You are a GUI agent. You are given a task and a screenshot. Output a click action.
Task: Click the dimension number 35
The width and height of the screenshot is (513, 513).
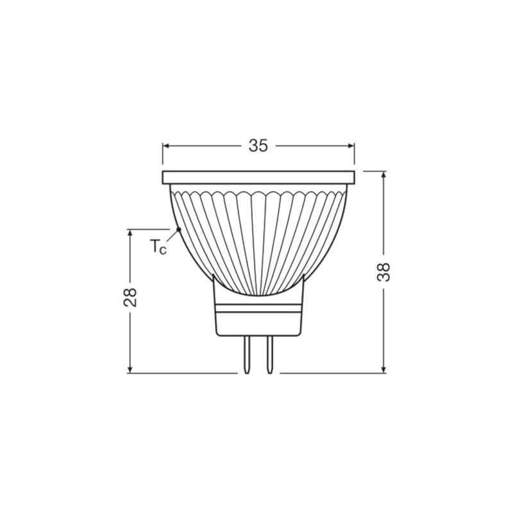click(x=258, y=146)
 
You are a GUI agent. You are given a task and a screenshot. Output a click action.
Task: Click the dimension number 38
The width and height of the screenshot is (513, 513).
click(x=383, y=273)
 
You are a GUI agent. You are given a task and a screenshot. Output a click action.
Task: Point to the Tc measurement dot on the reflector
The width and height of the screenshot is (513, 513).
click(x=178, y=229)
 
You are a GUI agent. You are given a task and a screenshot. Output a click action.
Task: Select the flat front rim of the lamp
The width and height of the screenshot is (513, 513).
click(x=258, y=177)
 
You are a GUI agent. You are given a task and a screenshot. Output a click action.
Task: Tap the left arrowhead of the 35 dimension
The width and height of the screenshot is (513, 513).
click(x=166, y=146)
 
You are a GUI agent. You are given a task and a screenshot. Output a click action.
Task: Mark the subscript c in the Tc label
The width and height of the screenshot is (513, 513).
click(x=163, y=250)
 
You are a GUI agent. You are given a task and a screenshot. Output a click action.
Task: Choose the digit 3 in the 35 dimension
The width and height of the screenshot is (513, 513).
click(x=253, y=146)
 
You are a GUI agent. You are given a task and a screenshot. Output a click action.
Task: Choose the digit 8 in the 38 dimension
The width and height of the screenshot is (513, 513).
click(x=383, y=266)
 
